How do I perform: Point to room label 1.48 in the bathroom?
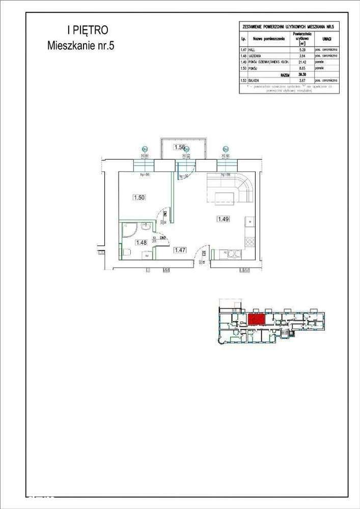[x=141, y=243]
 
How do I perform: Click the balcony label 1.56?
[x=180, y=147]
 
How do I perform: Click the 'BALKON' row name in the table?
[x=255, y=80]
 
